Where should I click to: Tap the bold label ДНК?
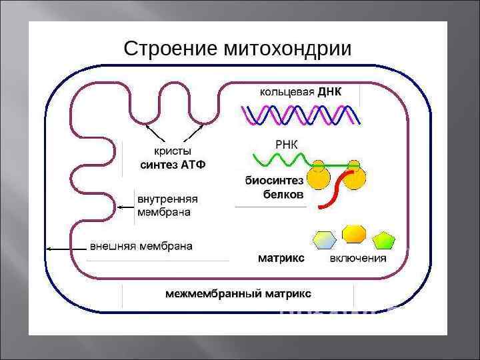coord(329,92)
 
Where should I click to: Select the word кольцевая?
coord(287,92)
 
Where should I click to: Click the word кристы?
coord(173,151)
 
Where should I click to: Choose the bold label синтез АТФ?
coord(173,165)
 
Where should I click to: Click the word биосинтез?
coord(274,181)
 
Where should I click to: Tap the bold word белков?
coord(283,195)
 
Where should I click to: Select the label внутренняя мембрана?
coord(167,205)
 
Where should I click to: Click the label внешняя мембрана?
coord(141,246)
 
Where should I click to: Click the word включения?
coord(358,258)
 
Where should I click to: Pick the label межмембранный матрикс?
coord(238,293)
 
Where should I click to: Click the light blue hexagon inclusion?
coord(325,239)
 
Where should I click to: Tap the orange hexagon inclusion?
coord(353,233)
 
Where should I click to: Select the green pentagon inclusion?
coord(384,239)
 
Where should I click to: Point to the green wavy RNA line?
coord(280,160)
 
